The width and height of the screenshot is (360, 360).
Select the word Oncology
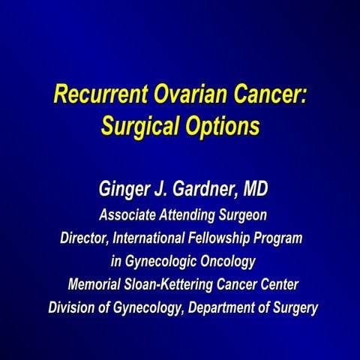pyautogui.click(x=229, y=262)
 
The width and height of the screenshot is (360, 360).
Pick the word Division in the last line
pyautogui.click(x=73, y=307)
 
